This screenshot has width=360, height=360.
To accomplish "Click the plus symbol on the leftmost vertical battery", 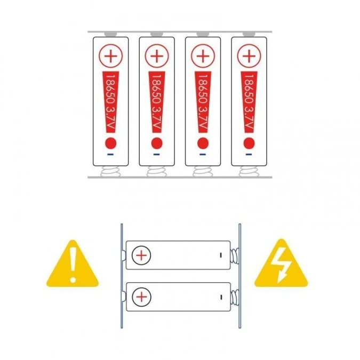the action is pyautogui.click(x=110, y=56).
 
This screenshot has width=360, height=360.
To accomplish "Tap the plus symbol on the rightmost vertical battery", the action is pyautogui.click(x=249, y=56).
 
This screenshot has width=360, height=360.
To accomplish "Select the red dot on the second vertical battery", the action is pyautogui.click(x=157, y=143).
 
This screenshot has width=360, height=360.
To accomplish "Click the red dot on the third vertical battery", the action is pyautogui.click(x=203, y=143).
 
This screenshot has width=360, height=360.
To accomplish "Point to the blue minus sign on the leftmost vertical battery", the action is pyautogui.click(x=110, y=154).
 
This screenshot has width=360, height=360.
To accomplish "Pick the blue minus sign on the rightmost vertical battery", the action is pyautogui.click(x=249, y=154).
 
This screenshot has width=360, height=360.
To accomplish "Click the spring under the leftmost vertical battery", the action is pyautogui.click(x=110, y=171).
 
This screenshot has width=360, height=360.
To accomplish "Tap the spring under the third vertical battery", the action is pyautogui.click(x=203, y=171).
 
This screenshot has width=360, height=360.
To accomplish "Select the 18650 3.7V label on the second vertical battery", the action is pyautogui.click(x=157, y=102).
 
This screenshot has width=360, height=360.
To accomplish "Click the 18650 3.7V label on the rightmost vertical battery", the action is pyautogui.click(x=249, y=102).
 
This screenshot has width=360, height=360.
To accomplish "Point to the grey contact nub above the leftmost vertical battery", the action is pyautogui.click(x=110, y=34).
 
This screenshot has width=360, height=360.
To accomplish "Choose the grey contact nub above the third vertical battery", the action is pyautogui.click(x=203, y=34).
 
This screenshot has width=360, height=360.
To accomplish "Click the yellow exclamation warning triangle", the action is pyautogui.click(x=73, y=264).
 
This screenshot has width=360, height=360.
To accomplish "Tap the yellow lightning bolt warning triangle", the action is pyautogui.click(x=281, y=263).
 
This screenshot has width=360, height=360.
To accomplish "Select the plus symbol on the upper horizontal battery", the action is pyautogui.click(x=141, y=255).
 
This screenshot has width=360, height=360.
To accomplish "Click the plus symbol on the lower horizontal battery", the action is pyautogui.click(x=141, y=297).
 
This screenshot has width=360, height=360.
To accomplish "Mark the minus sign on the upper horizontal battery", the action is pyautogui.click(x=221, y=255).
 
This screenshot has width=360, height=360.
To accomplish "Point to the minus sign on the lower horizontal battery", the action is pyautogui.click(x=221, y=297).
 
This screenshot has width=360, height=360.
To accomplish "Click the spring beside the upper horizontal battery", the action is pyautogui.click(x=235, y=255).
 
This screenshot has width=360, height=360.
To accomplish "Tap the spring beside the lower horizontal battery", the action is pyautogui.click(x=235, y=297).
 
